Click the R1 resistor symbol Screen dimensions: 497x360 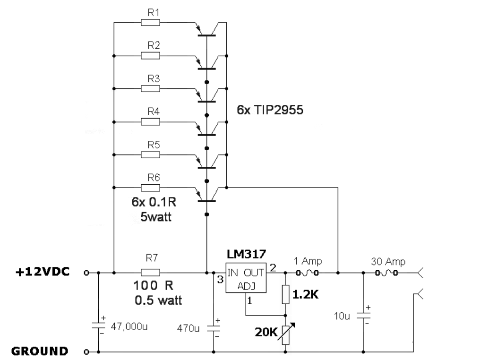[x=150, y=23]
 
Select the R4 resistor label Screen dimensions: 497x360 [x=154, y=111]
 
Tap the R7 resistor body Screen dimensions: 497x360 [x=150, y=273]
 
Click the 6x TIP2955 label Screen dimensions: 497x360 [x=270, y=110]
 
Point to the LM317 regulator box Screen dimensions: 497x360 [x=246, y=278]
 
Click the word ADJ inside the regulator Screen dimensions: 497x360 [x=246, y=286]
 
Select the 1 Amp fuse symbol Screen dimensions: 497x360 [x=307, y=273]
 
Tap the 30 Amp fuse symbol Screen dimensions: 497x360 [x=386, y=273]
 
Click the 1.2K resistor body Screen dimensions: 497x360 [x=285, y=294]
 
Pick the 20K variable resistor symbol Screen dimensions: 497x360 [x=285, y=335]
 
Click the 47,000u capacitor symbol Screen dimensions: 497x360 [x=98, y=326]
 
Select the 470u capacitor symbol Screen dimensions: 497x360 [x=214, y=328]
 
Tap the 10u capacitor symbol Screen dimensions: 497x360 [x=363, y=316]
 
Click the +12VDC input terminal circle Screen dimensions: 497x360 [x=86, y=273]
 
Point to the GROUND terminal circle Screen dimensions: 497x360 [x=86, y=352]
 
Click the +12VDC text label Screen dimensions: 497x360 [x=43, y=272]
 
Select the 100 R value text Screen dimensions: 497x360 [x=154, y=285]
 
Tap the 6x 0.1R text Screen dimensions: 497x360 [x=154, y=202]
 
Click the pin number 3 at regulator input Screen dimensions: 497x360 [x=220, y=280]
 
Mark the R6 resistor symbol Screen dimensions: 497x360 [x=150, y=188]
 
